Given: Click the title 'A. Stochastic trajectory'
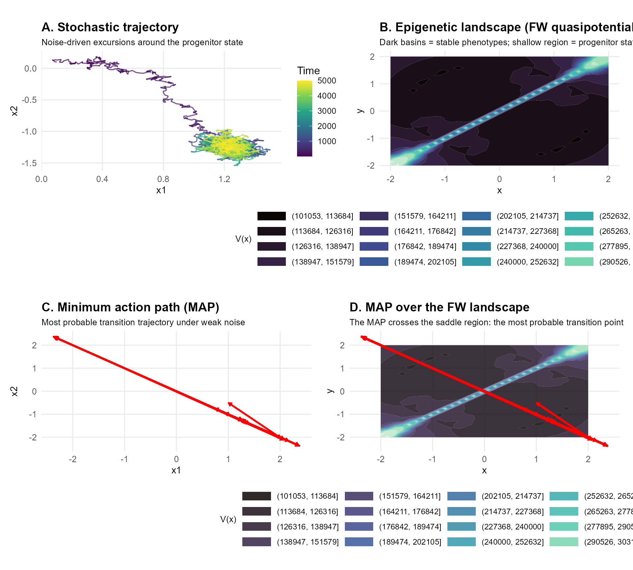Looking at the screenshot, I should [x=110, y=27].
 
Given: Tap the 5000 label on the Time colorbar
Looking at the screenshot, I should [x=326, y=81].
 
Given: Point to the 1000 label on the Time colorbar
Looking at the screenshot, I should [x=326, y=142].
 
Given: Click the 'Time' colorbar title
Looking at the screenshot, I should [x=308, y=71].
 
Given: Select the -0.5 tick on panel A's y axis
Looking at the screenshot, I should [x=29, y=100].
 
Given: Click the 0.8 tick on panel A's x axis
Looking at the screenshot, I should [x=163, y=179].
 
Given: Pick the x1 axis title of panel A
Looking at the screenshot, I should [x=161, y=190].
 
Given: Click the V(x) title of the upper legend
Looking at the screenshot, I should [x=243, y=239].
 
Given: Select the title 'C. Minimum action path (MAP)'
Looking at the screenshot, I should [x=130, y=307].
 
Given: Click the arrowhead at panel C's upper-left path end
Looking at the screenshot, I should [x=55, y=337].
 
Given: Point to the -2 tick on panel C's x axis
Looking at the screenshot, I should [x=73, y=459].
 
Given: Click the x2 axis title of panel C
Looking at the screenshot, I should [x=14, y=391].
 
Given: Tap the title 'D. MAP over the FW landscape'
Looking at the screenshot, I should [x=439, y=307].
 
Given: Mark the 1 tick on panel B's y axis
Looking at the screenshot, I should [x=372, y=84].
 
